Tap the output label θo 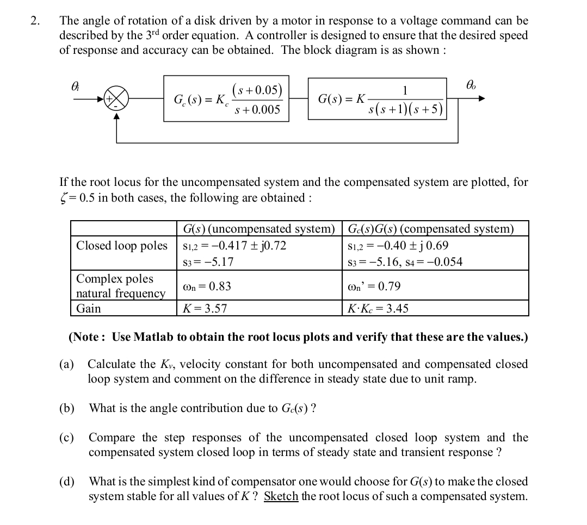tap(471, 85)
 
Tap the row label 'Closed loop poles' tap(122, 246)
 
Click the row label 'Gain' tap(88, 309)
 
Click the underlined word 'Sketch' tap(281, 496)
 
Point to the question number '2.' tap(35, 21)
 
